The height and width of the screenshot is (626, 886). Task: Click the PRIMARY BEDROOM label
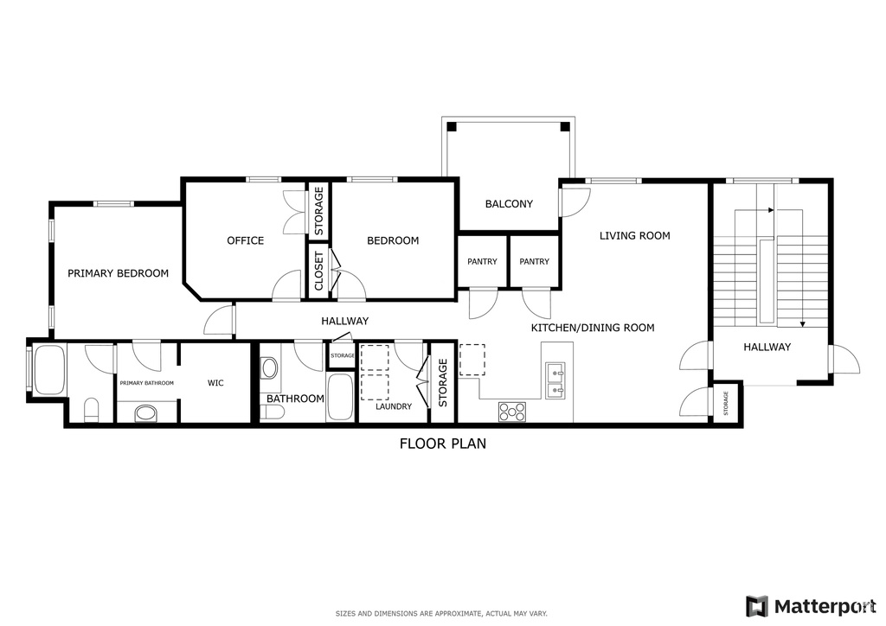118,273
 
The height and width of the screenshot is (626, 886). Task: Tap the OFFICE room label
245,240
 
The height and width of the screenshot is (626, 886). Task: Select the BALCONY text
509,204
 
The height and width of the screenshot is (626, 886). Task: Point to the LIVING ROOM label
635,235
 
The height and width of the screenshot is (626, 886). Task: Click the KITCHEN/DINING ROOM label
592,328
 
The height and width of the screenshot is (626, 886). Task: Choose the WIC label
215,383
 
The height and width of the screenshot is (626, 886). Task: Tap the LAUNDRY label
393,406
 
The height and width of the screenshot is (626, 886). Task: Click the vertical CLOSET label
318,271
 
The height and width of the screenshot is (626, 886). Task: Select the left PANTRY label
482,262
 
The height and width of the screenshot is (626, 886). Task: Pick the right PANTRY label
535,262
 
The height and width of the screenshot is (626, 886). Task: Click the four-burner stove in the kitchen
511,412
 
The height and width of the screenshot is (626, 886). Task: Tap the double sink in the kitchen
555,381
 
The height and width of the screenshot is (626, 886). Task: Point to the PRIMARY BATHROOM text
146,383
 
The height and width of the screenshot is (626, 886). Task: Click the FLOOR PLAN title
442,444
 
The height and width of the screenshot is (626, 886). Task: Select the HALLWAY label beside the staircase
767,347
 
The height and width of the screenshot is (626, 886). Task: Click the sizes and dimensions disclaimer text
441,613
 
